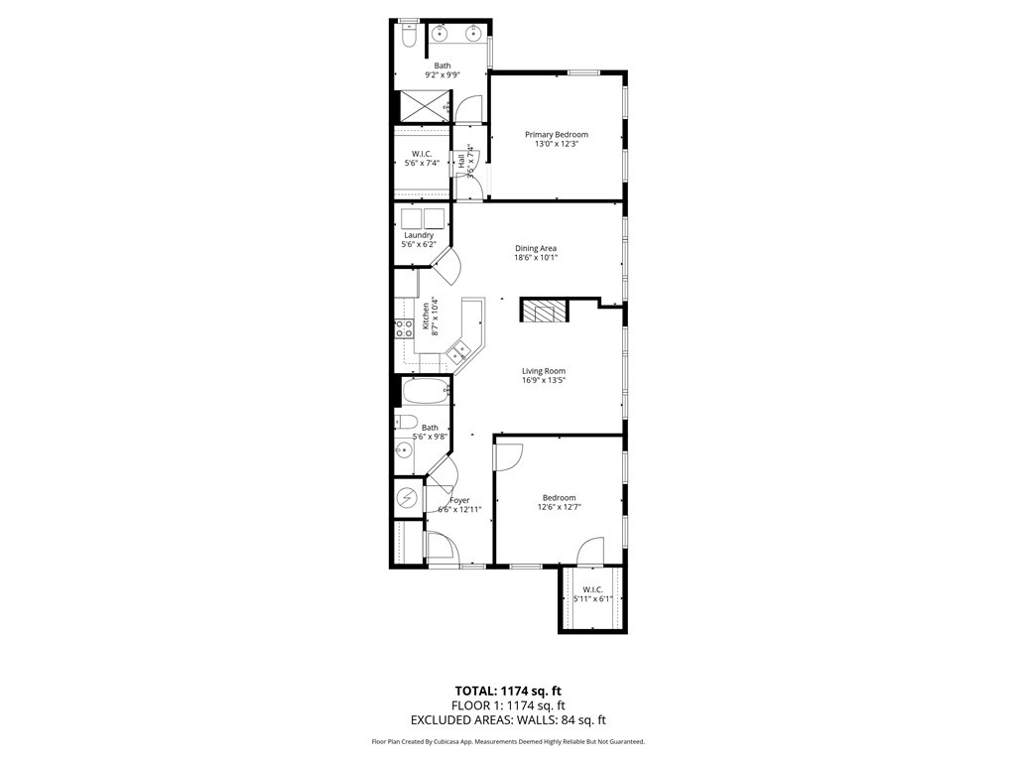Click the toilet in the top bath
pyautogui.click(x=409, y=38)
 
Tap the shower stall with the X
pyautogui.click(x=422, y=105)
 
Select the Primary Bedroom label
pyautogui.click(x=556, y=135)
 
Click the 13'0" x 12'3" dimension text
pyautogui.click(x=556, y=145)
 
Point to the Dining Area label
pyautogui.click(x=535, y=248)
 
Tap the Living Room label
pyautogui.click(x=544, y=371)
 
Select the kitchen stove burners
pyautogui.click(x=404, y=328)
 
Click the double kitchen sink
pyautogui.click(x=460, y=350)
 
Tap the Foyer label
pyautogui.click(x=459, y=501)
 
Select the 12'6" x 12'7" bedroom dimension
pyautogui.click(x=559, y=507)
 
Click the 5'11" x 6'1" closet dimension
pyautogui.click(x=593, y=598)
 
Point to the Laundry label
pyautogui.click(x=418, y=235)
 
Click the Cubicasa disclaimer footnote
pyautogui.click(x=508, y=742)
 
